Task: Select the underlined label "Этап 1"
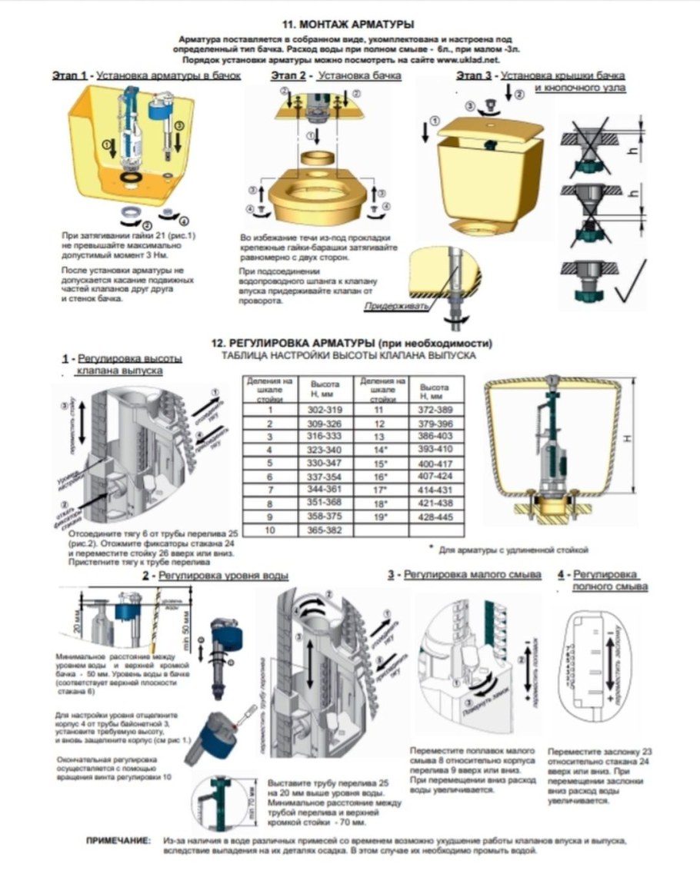[68, 76]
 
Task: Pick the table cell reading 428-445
[436, 516]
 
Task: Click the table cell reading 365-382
[324, 531]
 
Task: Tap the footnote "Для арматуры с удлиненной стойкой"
[512, 550]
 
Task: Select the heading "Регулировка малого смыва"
[472, 575]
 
